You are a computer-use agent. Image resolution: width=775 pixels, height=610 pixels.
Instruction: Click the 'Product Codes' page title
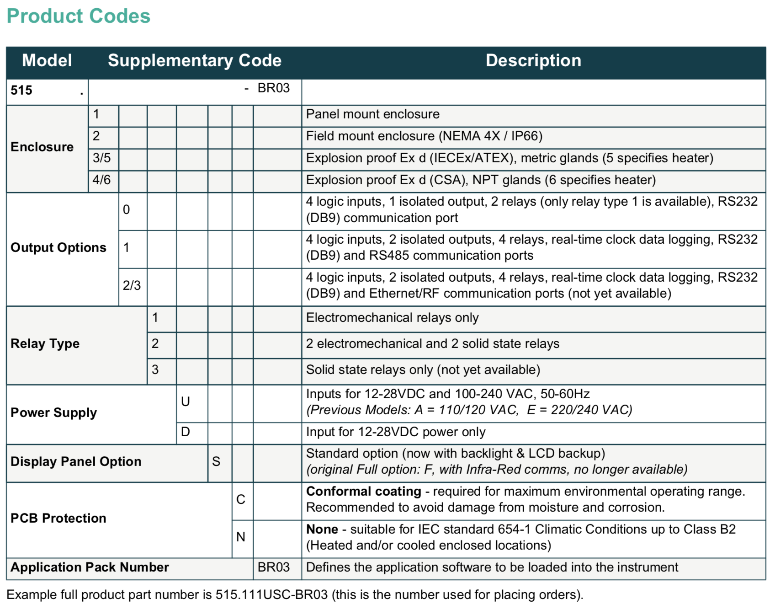[78, 16]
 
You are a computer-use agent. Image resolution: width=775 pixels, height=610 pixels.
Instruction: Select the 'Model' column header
[47, 60]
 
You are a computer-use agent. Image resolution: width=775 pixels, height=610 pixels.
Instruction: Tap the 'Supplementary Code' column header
[195, 60]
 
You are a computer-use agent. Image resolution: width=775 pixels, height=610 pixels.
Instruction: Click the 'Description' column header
[533, 60]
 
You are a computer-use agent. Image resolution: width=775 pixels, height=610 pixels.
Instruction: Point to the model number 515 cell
[21, 90]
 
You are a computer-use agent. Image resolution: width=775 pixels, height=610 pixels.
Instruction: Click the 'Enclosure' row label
[42, 147]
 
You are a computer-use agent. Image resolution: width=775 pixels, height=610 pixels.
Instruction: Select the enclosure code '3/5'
[101, 158]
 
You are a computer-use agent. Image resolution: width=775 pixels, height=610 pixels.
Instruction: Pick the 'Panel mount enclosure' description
[372, 114]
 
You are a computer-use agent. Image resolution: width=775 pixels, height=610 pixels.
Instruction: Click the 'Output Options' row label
[58, 247]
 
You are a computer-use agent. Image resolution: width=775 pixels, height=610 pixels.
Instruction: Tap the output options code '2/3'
[132, 285]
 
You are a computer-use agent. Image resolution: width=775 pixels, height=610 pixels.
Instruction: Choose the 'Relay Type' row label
[45, 343]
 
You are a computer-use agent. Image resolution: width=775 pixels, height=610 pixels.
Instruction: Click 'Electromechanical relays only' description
[392, 318]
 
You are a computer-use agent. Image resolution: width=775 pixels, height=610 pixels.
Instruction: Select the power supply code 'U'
[185, 401]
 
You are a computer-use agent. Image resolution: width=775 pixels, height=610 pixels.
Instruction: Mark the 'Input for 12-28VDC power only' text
[395, 432]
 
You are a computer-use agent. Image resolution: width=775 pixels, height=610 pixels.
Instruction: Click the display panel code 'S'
[216, 461]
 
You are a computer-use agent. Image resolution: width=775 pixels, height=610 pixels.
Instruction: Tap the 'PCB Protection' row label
[58, 518]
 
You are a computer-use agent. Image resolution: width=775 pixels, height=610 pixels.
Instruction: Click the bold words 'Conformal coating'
[363, 491]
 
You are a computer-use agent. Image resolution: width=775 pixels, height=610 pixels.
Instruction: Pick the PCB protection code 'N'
[241, 537]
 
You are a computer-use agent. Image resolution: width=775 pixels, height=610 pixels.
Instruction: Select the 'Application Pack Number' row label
[90, 567]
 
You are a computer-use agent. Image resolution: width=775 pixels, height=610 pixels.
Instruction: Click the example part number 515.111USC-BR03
[271, 594]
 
